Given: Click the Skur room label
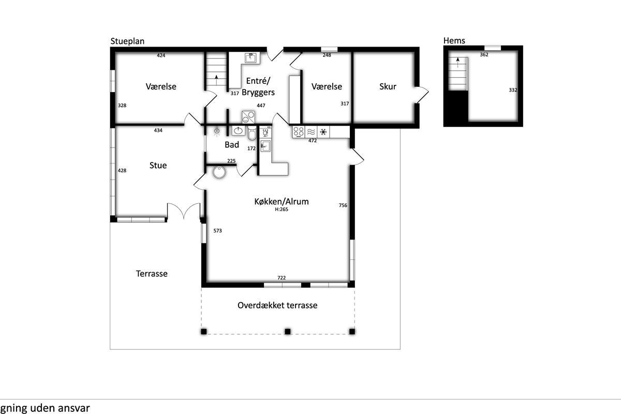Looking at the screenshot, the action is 388,86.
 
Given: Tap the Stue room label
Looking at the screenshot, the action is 158,165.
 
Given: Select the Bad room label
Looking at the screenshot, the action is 232,144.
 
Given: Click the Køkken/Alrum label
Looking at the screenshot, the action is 282,201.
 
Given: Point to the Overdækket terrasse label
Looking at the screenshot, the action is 277,305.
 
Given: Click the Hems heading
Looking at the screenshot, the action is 454,40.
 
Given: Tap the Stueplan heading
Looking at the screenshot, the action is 127,41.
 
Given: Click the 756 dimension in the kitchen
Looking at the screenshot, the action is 343,205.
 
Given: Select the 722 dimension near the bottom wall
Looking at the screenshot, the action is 282,277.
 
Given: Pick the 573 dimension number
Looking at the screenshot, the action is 218,230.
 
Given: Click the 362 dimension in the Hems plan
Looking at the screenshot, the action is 484,55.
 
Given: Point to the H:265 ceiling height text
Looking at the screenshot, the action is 282,210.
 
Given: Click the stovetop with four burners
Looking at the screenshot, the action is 299,132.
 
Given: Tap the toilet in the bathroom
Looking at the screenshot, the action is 252,133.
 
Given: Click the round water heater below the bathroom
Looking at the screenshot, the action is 219,172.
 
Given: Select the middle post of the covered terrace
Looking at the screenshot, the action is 288,331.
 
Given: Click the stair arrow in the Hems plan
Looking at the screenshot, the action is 457,63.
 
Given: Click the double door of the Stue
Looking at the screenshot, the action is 184,211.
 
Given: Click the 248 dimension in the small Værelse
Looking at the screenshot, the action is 327,55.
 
